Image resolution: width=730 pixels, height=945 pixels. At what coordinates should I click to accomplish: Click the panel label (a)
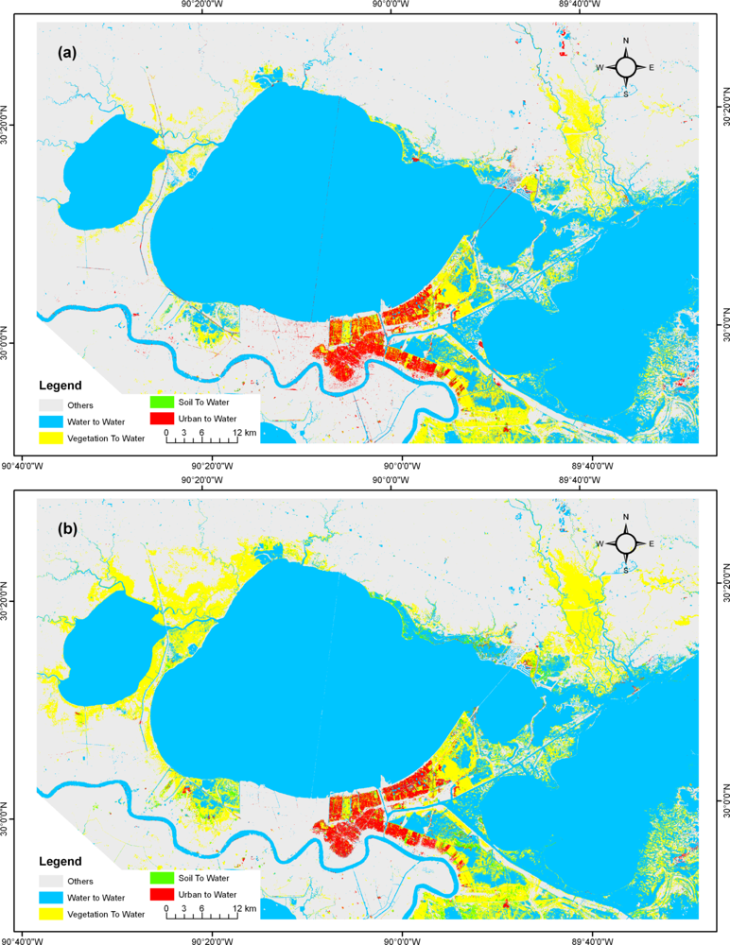tap(67, 54)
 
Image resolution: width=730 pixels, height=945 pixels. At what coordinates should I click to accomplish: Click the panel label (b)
tap(67, 528)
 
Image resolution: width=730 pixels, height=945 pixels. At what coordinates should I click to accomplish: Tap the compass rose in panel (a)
tap(626, 67)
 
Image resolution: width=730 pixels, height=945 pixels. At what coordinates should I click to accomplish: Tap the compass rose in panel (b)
tap(626, 543)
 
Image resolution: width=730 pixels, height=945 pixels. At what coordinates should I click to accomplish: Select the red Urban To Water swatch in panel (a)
tap(162, 419)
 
